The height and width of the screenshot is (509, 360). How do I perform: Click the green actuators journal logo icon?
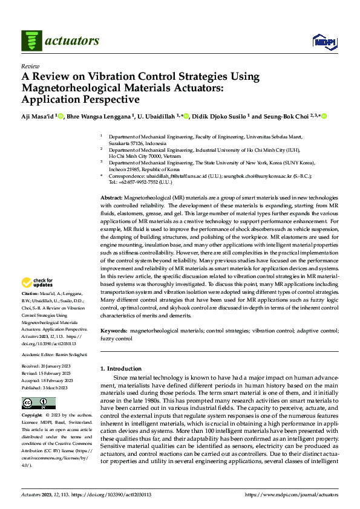pos(31,40)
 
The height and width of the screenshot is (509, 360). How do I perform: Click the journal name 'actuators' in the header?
pos(71,41)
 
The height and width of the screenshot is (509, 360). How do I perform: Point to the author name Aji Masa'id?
pos(39,116)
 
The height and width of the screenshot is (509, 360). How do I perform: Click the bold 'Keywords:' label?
pos(114,331)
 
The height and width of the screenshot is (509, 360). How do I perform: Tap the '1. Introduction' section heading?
pos(121,369)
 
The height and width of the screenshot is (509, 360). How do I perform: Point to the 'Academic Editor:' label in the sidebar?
pos(39,354)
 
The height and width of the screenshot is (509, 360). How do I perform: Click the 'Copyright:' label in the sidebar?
pos(32,416)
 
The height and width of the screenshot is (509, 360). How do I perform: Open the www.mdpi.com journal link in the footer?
pos(290,494)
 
